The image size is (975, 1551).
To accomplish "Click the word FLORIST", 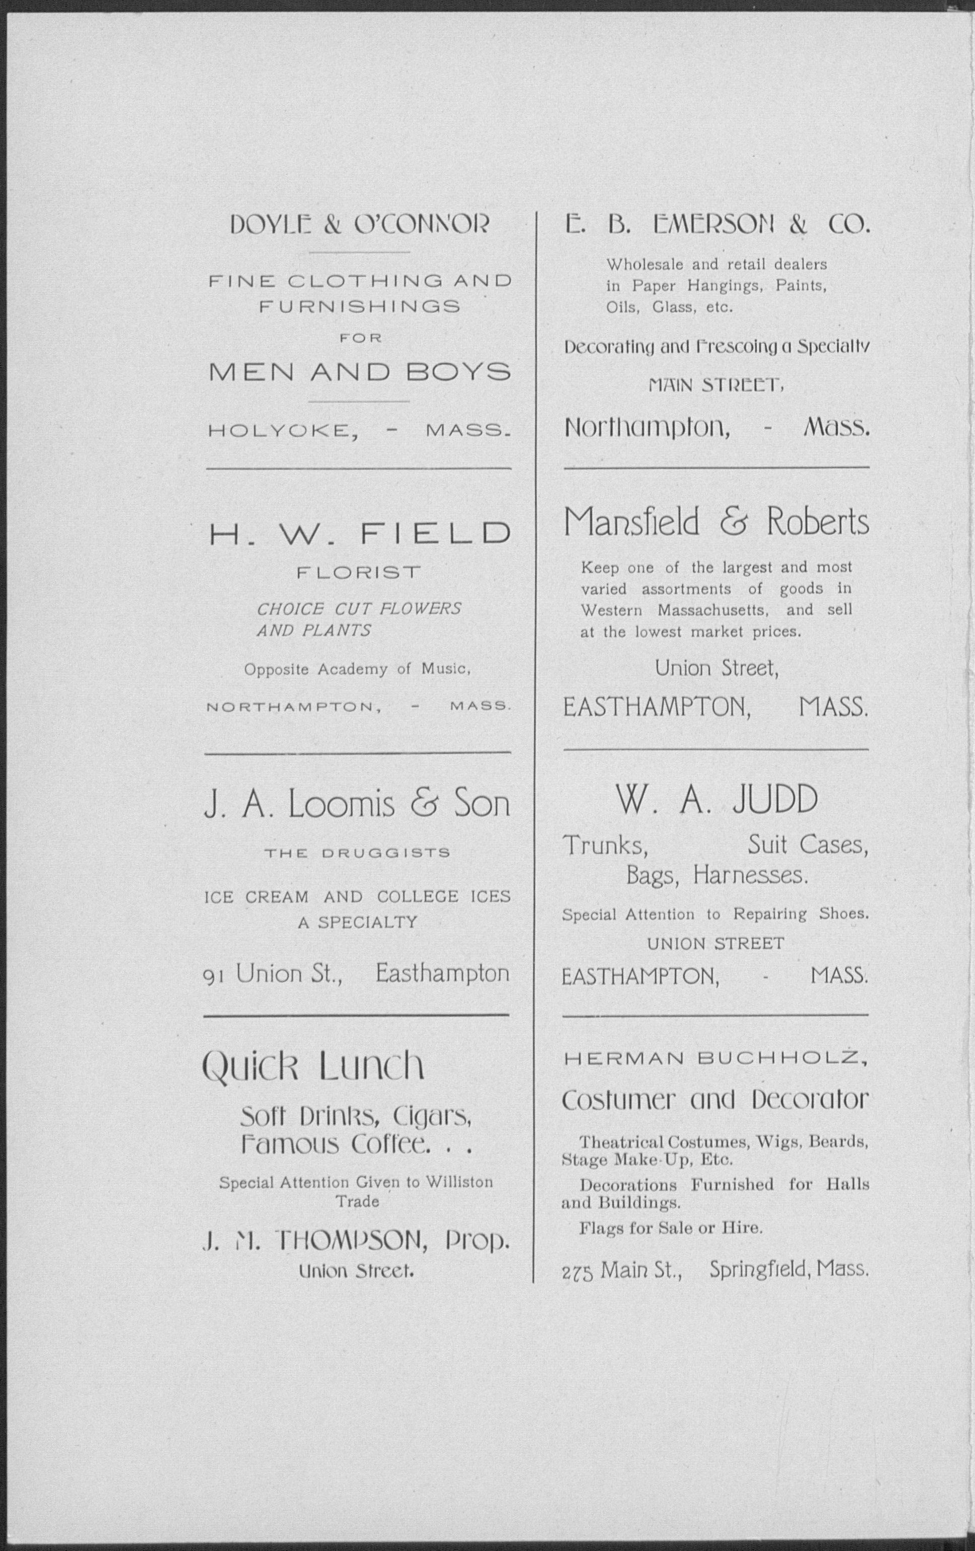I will (x=359, y=572).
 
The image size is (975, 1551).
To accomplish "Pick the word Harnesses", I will (x=750, y=876).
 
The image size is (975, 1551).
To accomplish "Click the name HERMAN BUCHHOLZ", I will (x=715, y=1059).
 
